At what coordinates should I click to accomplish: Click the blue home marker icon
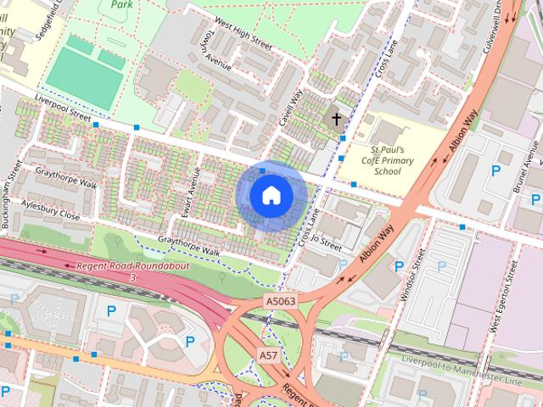point(271,196)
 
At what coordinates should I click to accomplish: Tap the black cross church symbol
point(337,119)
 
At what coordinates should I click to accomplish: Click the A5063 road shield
point(280,301)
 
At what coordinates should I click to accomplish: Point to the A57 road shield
point(268,354)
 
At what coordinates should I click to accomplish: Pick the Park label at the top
point(122,4)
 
